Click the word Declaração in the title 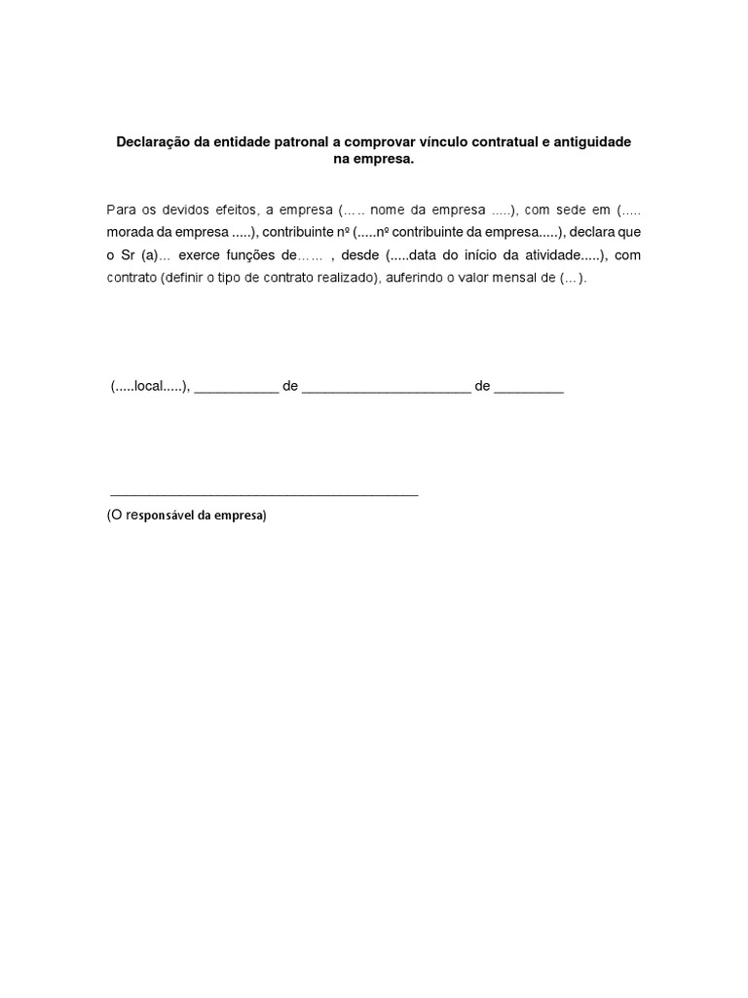tap(154, 142)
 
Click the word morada tap(131, 232)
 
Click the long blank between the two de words tap(386, 390)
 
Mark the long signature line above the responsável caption tap(264, 495)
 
